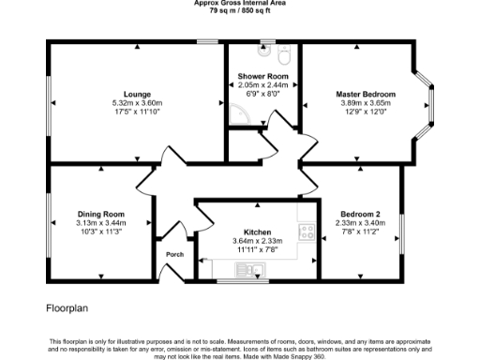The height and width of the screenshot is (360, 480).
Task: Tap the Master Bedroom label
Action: (366, 94)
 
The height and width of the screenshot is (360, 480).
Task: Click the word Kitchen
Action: (258, 232)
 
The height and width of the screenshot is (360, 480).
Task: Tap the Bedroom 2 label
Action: (360, 215)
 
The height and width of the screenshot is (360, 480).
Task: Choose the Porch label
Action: (174, 254)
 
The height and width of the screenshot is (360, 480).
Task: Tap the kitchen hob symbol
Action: (306, 232)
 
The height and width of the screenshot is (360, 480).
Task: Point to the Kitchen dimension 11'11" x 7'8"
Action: (258, 249)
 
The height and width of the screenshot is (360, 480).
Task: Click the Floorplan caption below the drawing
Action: (67, 307)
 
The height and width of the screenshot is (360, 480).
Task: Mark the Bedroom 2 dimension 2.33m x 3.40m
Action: (360, 223)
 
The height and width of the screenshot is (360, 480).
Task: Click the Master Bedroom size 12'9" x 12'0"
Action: (366, 111)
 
